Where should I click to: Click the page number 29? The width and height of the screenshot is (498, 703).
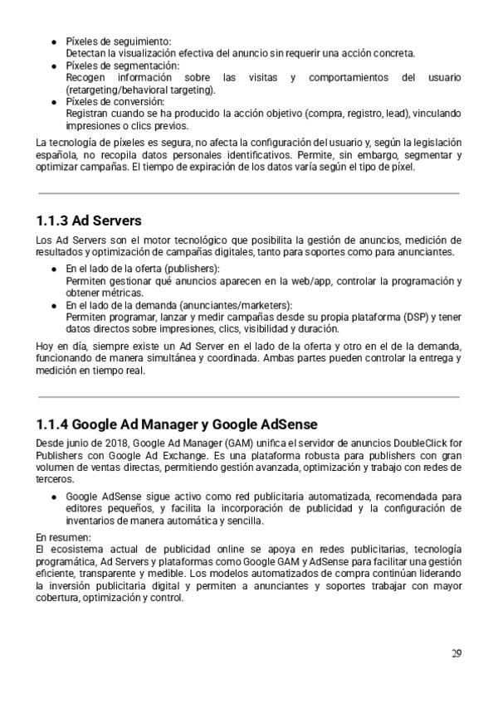coord(456,653)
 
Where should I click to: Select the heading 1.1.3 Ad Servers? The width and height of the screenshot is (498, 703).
coord(89,221)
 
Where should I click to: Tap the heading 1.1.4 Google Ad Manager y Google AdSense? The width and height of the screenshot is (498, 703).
coord(177,424)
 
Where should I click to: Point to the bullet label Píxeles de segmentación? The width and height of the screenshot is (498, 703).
coord(122,65)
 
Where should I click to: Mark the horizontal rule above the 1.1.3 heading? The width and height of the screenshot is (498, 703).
coord(249,194)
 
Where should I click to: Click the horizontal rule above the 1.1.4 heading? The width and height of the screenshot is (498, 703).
coord(249,397)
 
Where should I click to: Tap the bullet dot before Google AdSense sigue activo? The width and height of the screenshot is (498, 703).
coord(54,497)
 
